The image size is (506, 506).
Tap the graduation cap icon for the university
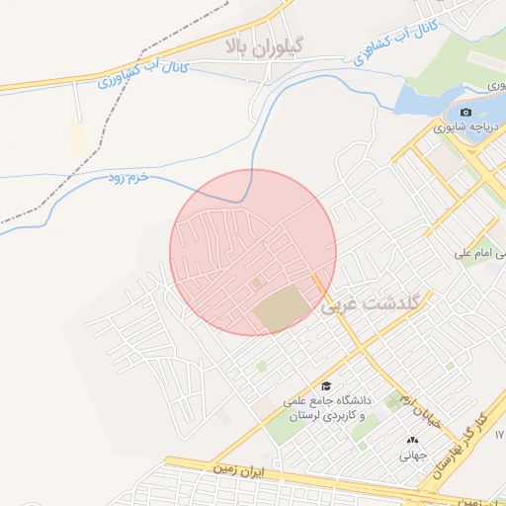tap(325, 385)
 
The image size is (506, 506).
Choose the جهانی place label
tap(411, 457)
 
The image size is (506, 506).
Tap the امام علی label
tap(478, 254)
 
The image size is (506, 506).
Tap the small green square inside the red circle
tap(259, 283)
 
